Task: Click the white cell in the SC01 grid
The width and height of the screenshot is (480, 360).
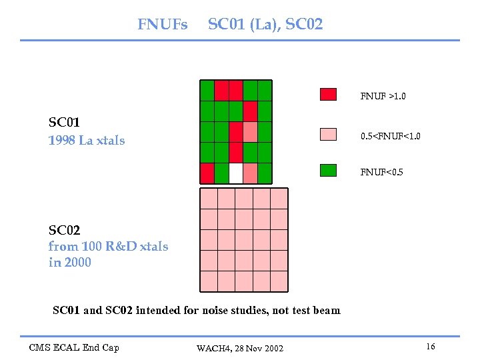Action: pyautogui.click(x=236, y=173)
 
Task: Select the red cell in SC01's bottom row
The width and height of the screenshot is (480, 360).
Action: pyautogui.click(x=207, y=173)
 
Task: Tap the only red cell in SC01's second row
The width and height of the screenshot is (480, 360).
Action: pyautogui.click(x=250, y=111)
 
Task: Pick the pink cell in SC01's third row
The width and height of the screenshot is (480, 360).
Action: pyautogui.click(x=250, y=132)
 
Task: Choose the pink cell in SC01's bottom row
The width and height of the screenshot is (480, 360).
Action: pyautogui.click(x=250, y=173)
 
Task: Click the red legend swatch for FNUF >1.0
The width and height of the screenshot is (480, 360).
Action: pyautogui.click(x=328, y=94)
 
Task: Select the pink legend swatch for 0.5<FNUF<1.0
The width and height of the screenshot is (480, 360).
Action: pyautogui.click(x=328, y=133)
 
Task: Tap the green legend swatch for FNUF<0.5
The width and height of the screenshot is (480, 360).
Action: pyautogui.click(x=328, y=170)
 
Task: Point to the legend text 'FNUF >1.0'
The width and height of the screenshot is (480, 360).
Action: pyautogui.click(x=383, y=97)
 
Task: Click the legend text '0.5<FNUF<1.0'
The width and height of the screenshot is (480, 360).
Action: pyautogui.click(x=390, y=136)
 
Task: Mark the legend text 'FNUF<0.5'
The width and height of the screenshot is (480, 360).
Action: pyautogui.click(x=381, y=173)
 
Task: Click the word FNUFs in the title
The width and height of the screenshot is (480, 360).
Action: pyautogui.click(x=163, y=25)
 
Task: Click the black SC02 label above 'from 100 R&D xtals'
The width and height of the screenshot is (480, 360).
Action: pyautogui.click(x=64, y=231)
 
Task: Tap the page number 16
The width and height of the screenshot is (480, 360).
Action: pyautogui.click(x=431, y=347)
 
